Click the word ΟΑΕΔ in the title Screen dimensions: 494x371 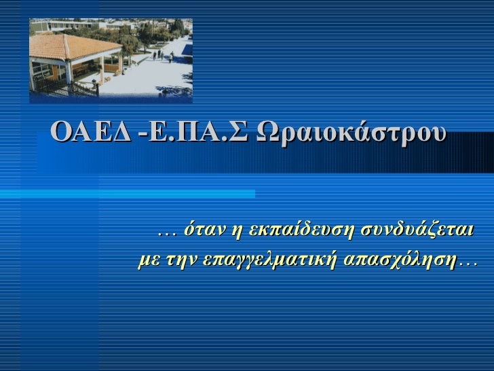coord(90,131)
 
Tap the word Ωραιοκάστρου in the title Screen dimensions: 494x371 coord(351,132)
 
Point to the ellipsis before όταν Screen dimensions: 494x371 coord(167,234)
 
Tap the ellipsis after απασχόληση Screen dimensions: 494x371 coord(468,266)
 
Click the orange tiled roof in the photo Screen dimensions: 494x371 coord(73,47)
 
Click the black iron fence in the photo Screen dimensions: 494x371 coord(68,88)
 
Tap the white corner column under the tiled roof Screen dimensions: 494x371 coord(69,71)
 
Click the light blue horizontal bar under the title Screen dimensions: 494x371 coord(128,194)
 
